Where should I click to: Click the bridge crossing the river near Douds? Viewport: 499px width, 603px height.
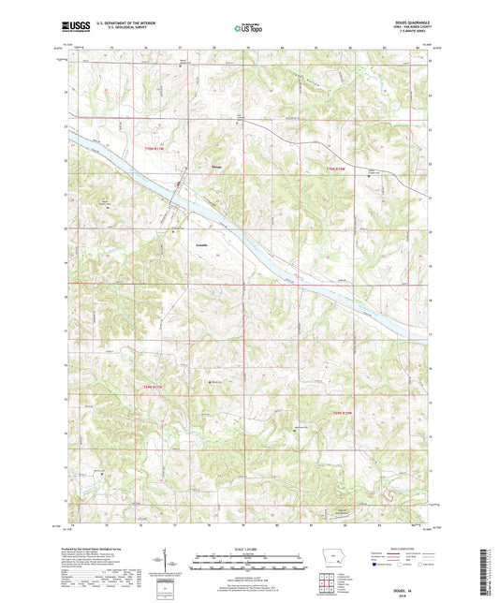click(x=178, y=184)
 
